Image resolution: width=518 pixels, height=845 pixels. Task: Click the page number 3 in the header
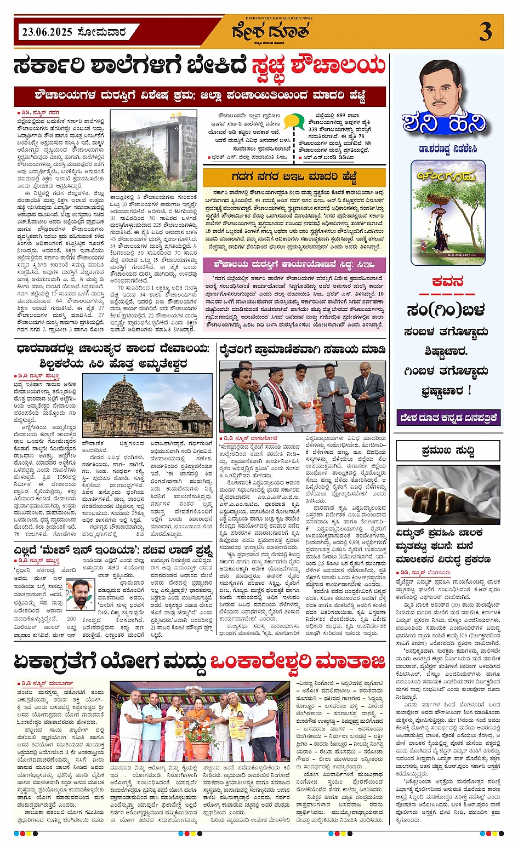coord(485,32)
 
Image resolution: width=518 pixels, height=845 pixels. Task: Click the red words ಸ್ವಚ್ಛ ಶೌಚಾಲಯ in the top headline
coord(318,67)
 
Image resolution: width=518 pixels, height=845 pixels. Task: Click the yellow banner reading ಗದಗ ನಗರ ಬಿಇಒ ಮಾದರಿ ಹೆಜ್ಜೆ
coord(294,177)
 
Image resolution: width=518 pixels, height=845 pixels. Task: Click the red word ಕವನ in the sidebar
coord(447,282)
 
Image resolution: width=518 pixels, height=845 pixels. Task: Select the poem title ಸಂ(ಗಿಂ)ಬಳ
coord(446,311)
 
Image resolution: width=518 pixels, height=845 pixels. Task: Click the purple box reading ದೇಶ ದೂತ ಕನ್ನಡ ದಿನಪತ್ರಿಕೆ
coord(448,418)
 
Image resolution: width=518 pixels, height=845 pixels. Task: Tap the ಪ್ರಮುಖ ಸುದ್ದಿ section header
coord(448,451)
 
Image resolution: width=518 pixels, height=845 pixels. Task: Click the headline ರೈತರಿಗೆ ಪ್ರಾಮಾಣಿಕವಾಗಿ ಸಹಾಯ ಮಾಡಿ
coord(302,350)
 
